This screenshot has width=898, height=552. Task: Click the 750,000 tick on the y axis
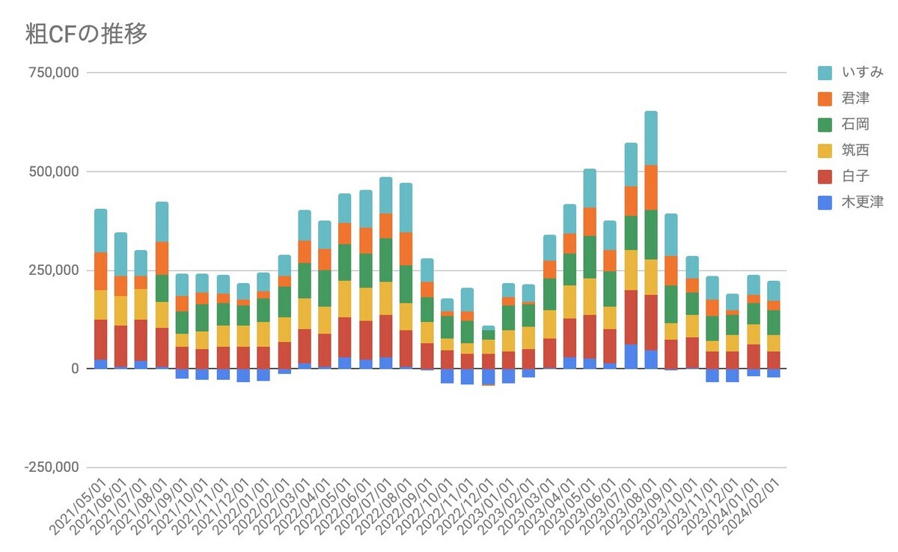tap(52, 73)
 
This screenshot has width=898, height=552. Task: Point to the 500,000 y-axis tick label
tap(52, 172)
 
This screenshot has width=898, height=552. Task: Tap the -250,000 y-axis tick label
tap(51, 467)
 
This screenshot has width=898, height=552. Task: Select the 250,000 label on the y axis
tap(52, 270)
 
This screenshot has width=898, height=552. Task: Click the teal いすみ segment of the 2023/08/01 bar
tap(651, 138)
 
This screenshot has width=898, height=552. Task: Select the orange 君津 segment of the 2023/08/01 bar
tap(651, 187)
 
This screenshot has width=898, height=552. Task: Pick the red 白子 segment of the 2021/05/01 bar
tap(100, 339)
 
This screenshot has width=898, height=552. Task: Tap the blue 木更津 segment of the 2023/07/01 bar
tap(631, 357)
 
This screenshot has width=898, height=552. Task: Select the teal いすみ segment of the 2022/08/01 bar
tap(406, 207)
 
